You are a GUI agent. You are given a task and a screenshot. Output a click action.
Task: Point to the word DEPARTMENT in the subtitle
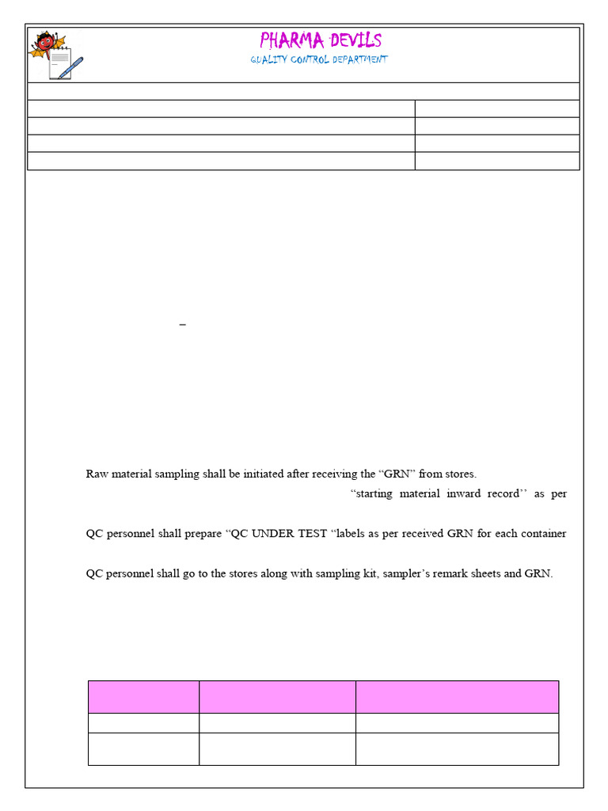[x=361, y=60]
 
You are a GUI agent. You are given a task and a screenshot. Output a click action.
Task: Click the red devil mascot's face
[x=45, y=40]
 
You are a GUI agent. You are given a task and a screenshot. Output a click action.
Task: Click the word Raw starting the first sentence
[x=96, y=474]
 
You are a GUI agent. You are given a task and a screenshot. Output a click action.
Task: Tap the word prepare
[x=200, y=534]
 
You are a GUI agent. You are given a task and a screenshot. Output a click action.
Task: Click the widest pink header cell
[x=457, y=696]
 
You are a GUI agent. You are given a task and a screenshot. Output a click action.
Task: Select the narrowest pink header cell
[x=143, y=696]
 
